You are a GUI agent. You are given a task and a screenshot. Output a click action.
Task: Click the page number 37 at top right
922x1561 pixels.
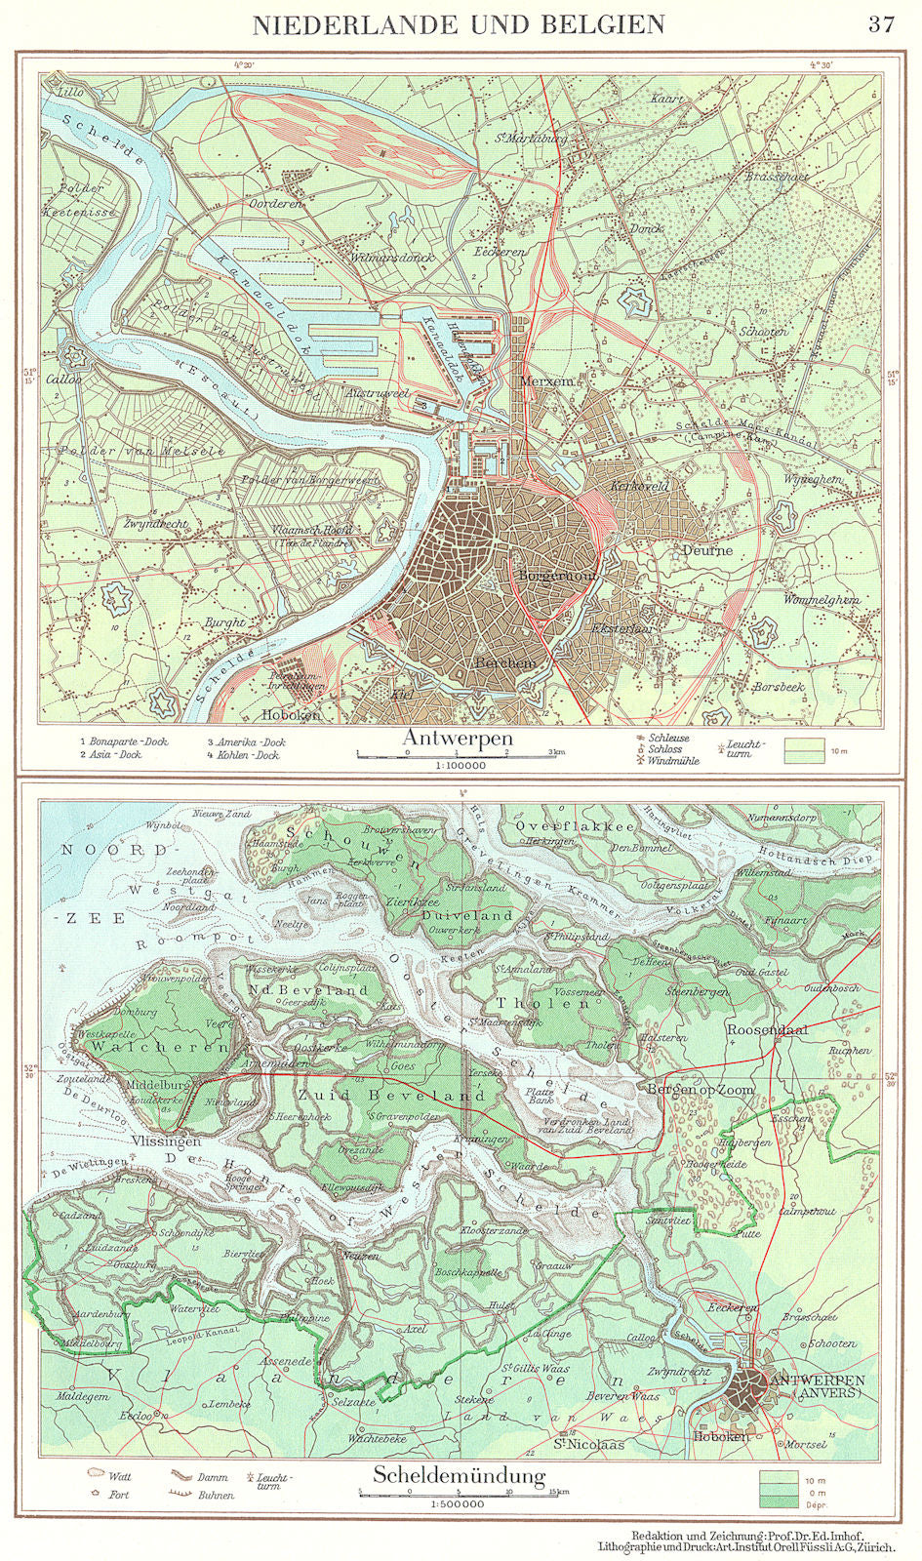coord(880,24)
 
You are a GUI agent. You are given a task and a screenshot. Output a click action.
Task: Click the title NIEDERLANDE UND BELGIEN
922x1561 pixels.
coord(459,24)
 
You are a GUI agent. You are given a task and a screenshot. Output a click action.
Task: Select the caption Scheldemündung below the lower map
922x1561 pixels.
coord(458,1476)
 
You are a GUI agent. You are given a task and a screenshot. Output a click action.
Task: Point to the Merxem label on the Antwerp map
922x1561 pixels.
coord(546,381)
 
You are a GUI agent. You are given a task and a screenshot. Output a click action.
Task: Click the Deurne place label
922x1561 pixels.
coord(707,550)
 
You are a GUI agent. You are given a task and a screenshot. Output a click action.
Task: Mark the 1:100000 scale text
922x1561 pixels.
coord(458,767)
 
